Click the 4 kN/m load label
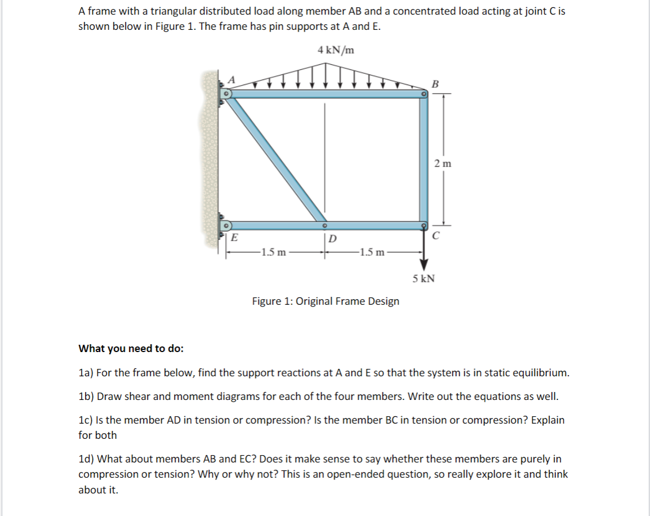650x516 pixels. click(336, 50)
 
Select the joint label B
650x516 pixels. click(433, 84)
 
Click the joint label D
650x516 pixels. click(332, 238)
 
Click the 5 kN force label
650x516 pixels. click(423, 278)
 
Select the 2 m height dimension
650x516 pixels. click(443, 164)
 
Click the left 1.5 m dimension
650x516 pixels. click(273, 251)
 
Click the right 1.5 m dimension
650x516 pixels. click(373, 251)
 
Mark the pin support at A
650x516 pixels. click(226, 94)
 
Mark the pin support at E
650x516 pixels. click(226, 226)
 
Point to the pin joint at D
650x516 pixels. click(324, 225)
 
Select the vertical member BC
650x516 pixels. click(424, 161)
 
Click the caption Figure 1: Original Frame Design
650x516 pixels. click(326, 301)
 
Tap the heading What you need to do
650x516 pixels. click(131, 348)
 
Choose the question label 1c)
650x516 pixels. click(86, 420)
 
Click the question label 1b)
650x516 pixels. click(86, 396)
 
